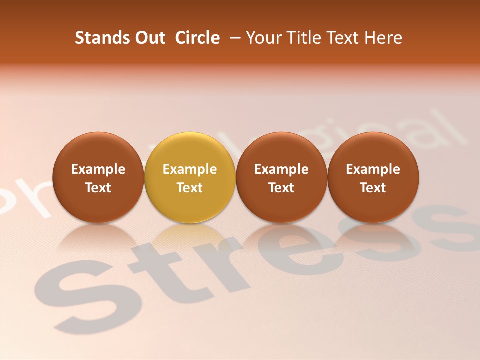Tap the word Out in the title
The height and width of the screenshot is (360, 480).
point(149,38)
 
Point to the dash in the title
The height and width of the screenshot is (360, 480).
point(235,38)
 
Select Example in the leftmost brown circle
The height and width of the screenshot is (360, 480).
point(98,169)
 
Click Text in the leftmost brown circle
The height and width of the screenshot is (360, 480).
point(98,188)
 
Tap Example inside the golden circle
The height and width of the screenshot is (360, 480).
point(190,169)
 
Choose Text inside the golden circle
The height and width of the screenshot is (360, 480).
point(190,188)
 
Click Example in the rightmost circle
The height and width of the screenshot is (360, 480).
point(373,169)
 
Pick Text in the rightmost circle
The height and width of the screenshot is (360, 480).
point(373,188)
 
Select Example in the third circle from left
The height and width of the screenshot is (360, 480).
point(281,169)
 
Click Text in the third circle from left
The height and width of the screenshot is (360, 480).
point(281,188)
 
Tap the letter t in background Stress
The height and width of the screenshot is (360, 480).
point(165,270)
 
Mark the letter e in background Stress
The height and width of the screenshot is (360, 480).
point(295,250)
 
